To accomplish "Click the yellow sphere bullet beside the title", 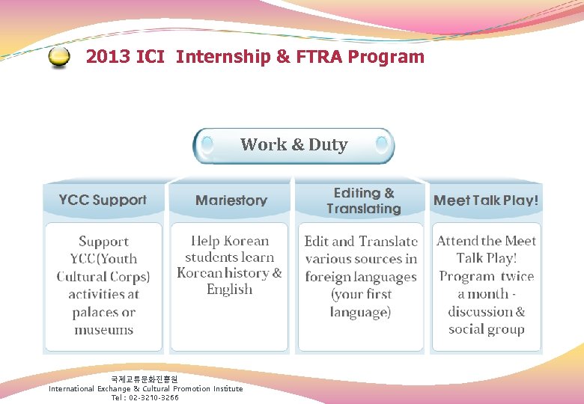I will point(59,58).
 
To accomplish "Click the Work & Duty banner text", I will point(293,145).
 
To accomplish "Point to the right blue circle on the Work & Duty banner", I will point(382,142).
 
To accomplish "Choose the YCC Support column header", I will point(103,201).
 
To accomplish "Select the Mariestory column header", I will point(231,201).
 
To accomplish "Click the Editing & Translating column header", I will point(363,201).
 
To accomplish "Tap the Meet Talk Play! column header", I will point(486,201).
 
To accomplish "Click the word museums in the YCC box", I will point(103,330).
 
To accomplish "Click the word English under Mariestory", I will point(229,290).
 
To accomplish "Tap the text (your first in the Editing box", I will point(361,294).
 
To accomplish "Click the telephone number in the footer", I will point(153,398).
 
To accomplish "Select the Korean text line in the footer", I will point(145,380).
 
